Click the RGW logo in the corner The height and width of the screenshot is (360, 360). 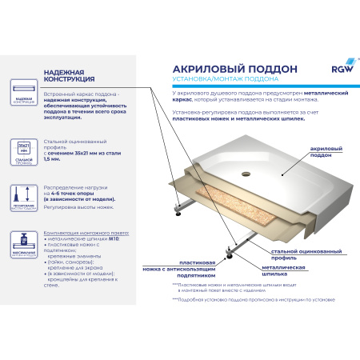[x=333, y=72]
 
